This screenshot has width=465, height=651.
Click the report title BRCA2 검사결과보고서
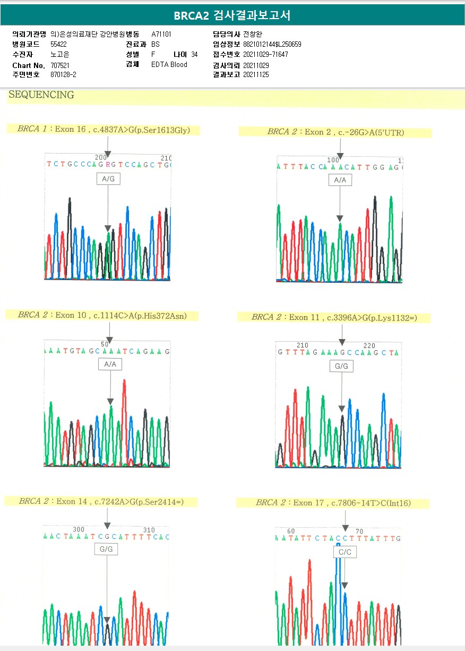click(x=232, y=15)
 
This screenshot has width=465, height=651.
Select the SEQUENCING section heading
click(x=41, y=95)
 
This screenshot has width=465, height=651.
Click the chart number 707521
click(x=60, y=65)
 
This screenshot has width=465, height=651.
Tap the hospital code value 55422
click(x=58, y=44)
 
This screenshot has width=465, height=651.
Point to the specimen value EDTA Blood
click(x=169, y=65)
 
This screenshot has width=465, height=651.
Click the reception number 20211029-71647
click(x=265, y=54)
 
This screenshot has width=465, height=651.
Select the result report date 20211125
click(x=256, y=75)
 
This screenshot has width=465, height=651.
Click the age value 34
click(x=194, y=54)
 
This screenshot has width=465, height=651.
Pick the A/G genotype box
click(x=108, y=179)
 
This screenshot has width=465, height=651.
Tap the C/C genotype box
click(x=345, y=553)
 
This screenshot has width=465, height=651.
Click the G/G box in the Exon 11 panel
click(x=341, y=367)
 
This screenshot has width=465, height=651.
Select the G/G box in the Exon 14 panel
click(x=106, y=549)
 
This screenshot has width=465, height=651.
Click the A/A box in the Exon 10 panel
click(x=110, y=365)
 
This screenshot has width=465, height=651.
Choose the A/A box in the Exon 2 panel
click(x=340, y=181)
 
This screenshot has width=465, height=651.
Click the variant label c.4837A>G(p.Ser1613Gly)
click(x=141, y=129)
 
